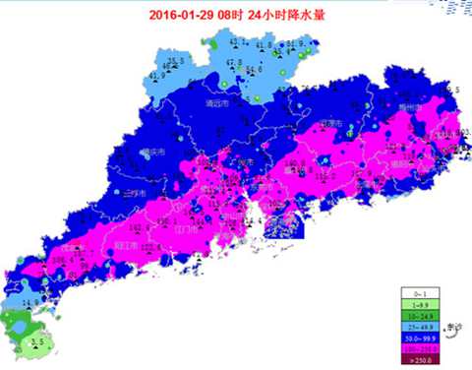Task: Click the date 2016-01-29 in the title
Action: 185,14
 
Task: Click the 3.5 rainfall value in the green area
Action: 37,341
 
